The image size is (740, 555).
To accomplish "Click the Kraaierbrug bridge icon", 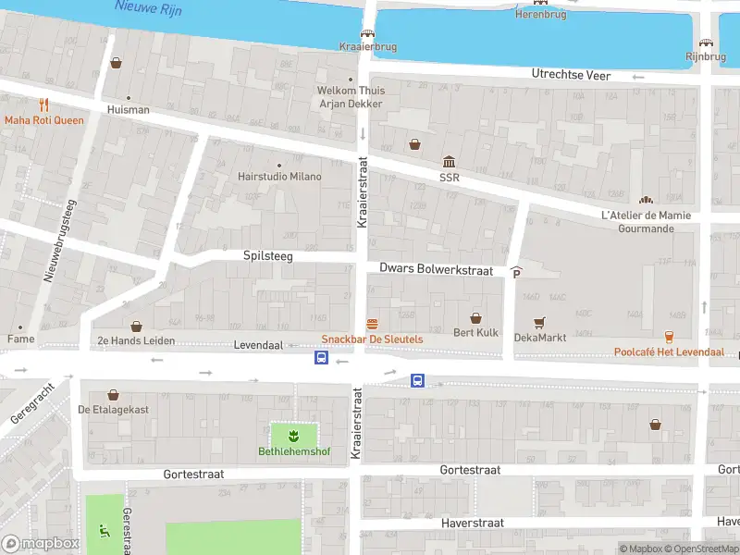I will (368, 33).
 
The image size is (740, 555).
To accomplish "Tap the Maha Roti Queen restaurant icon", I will (43, 105).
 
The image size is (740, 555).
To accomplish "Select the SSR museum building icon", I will (449, 162).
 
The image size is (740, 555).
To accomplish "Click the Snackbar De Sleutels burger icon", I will (372, 324).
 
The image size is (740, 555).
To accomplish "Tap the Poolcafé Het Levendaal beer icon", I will (669, 337).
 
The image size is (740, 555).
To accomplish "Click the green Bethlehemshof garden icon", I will (293, 435).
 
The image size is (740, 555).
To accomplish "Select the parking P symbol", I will (516, 272).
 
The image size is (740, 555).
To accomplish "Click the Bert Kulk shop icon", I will (476, 317).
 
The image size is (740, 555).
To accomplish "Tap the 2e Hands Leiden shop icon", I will (137, 326).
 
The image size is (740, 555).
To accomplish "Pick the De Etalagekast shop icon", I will (113, 395).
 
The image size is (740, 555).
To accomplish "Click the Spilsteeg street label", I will (267, 255).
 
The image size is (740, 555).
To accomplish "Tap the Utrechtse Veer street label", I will (571, 74).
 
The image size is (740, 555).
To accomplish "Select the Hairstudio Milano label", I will (279, 176).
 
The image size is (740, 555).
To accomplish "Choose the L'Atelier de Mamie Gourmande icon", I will (645, 200).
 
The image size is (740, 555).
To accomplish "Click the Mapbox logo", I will (41, 543).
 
